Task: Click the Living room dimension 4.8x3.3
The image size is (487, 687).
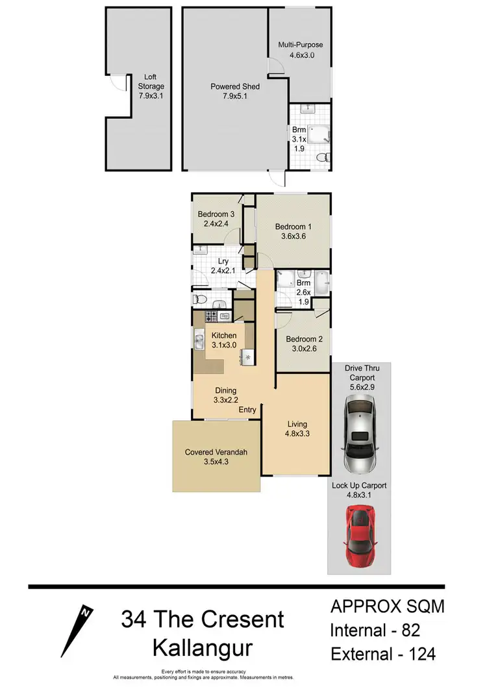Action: click(x=297, y=435)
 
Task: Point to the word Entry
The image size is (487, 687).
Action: click(x=247, y=410)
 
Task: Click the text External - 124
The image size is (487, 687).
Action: click(x=382, y=654)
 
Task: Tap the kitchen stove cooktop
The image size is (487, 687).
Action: click(x=212, y=317)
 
